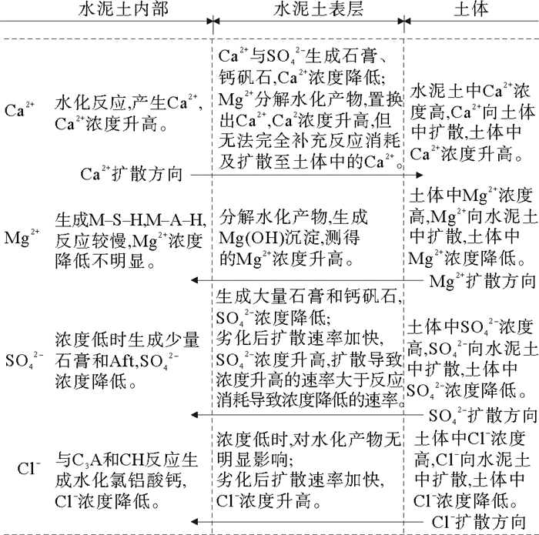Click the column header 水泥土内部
tap(123, 10)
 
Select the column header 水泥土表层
tap(308, 10)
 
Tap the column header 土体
tap(472, 10)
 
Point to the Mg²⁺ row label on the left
tap(20, 236)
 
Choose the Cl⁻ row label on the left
tap(23, 467)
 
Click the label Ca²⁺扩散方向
tap(132, 174)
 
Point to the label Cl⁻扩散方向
tap(484, 520)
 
